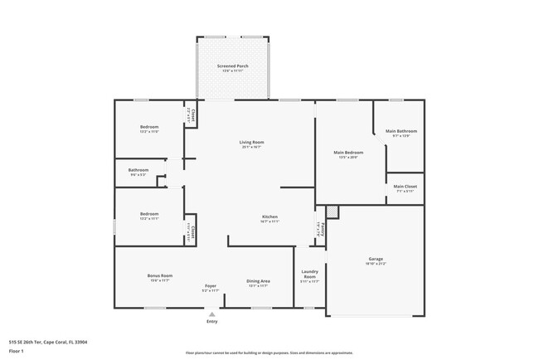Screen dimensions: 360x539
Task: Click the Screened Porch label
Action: coord(233,66)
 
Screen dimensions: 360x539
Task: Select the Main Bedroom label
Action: coord(349,153)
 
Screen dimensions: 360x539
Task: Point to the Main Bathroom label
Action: coord(401,131)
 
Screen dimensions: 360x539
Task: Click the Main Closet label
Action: coord(405,186)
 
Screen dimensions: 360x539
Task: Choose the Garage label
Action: coord(376,259)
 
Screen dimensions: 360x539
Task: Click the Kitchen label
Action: coord(270,216)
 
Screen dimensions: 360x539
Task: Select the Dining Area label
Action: coord(258,281)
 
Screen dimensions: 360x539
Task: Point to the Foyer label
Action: coord(211,286)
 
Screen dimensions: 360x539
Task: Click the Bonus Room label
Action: coord(160,275)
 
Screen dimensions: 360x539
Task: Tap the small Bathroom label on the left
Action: coord(138,170)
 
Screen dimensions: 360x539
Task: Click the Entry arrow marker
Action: coord(213,314)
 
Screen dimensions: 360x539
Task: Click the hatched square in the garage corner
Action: coord(333,212)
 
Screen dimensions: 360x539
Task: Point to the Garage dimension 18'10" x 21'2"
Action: coord(376,264)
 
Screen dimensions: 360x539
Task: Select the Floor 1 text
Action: coord(17,352)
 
